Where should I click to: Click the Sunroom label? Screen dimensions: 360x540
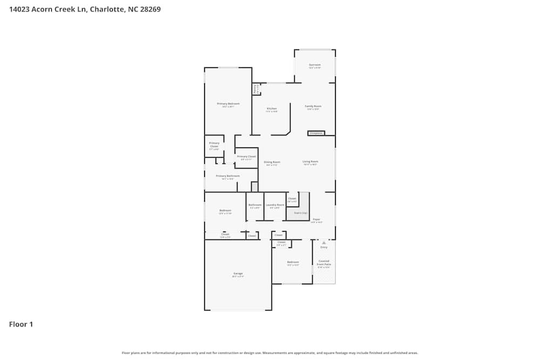coord(315,65)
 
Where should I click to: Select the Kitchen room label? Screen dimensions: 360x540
coord(272,108)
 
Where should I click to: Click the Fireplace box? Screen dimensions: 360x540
coord(316,133)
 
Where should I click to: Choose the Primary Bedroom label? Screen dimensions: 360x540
coord(228,104)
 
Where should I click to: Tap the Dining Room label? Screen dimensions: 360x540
coord(272,162)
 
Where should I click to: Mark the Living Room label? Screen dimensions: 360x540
coord(310,161)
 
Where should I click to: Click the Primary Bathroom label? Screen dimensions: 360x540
coord(227,176)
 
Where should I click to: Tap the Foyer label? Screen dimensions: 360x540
coord(316,220)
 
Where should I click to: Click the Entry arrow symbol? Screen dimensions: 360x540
coord(323,243)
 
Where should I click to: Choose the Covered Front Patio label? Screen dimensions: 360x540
coord(323,263)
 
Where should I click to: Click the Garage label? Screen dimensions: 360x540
coord(238,274)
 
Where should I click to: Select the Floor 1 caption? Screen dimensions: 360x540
coord(21,324)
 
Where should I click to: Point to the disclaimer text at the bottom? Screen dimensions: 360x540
coord(269,352)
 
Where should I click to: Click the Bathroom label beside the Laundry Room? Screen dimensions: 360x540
coord(255,205)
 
